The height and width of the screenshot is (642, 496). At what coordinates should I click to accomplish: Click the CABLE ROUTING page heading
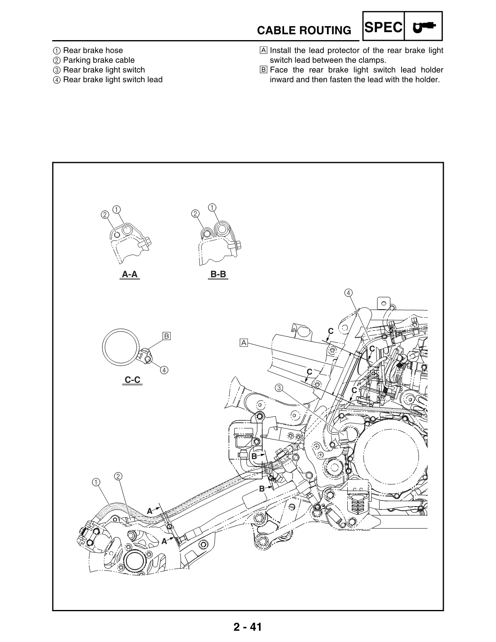(x=304, y=30)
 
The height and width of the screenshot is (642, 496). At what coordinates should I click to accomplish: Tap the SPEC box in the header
(x=383, y=27)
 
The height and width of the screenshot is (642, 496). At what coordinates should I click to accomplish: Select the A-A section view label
(x=130, y=274)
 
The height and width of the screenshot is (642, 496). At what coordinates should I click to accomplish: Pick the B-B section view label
(x=218, y=274)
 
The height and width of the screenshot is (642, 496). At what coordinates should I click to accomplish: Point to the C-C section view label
(x=133, y=380)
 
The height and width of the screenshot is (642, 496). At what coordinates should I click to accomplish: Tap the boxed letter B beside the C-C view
(x=167, y=336)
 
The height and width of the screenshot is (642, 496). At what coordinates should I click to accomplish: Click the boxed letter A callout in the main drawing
(x=244, y=343)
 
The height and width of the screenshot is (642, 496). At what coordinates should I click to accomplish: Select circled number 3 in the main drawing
(x=279, y=387)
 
